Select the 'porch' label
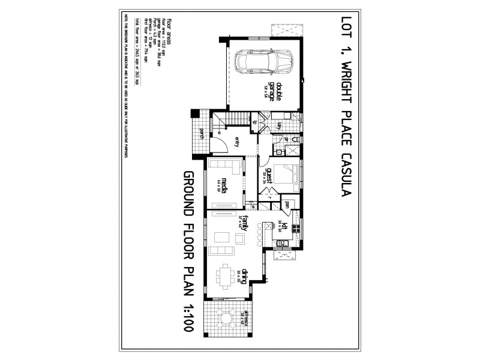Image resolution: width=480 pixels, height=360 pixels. coord(202,134)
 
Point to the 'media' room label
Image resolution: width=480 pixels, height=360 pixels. coord(224,183)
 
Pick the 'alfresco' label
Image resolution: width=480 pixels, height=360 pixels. coord(245,318)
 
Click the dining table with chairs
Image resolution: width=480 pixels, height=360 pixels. coord(227,277)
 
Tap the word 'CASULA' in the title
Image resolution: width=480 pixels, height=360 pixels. coord(345,178)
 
